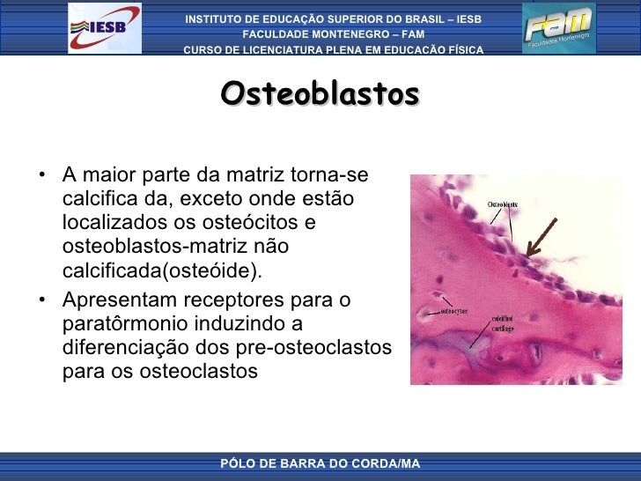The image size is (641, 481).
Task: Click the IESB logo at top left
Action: click(104, 28)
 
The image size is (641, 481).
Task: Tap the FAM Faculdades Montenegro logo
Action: click(558, 28)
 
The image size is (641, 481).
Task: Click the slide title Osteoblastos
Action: click(320, 93)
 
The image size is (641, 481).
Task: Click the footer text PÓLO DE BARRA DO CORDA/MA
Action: click(320, 463)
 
